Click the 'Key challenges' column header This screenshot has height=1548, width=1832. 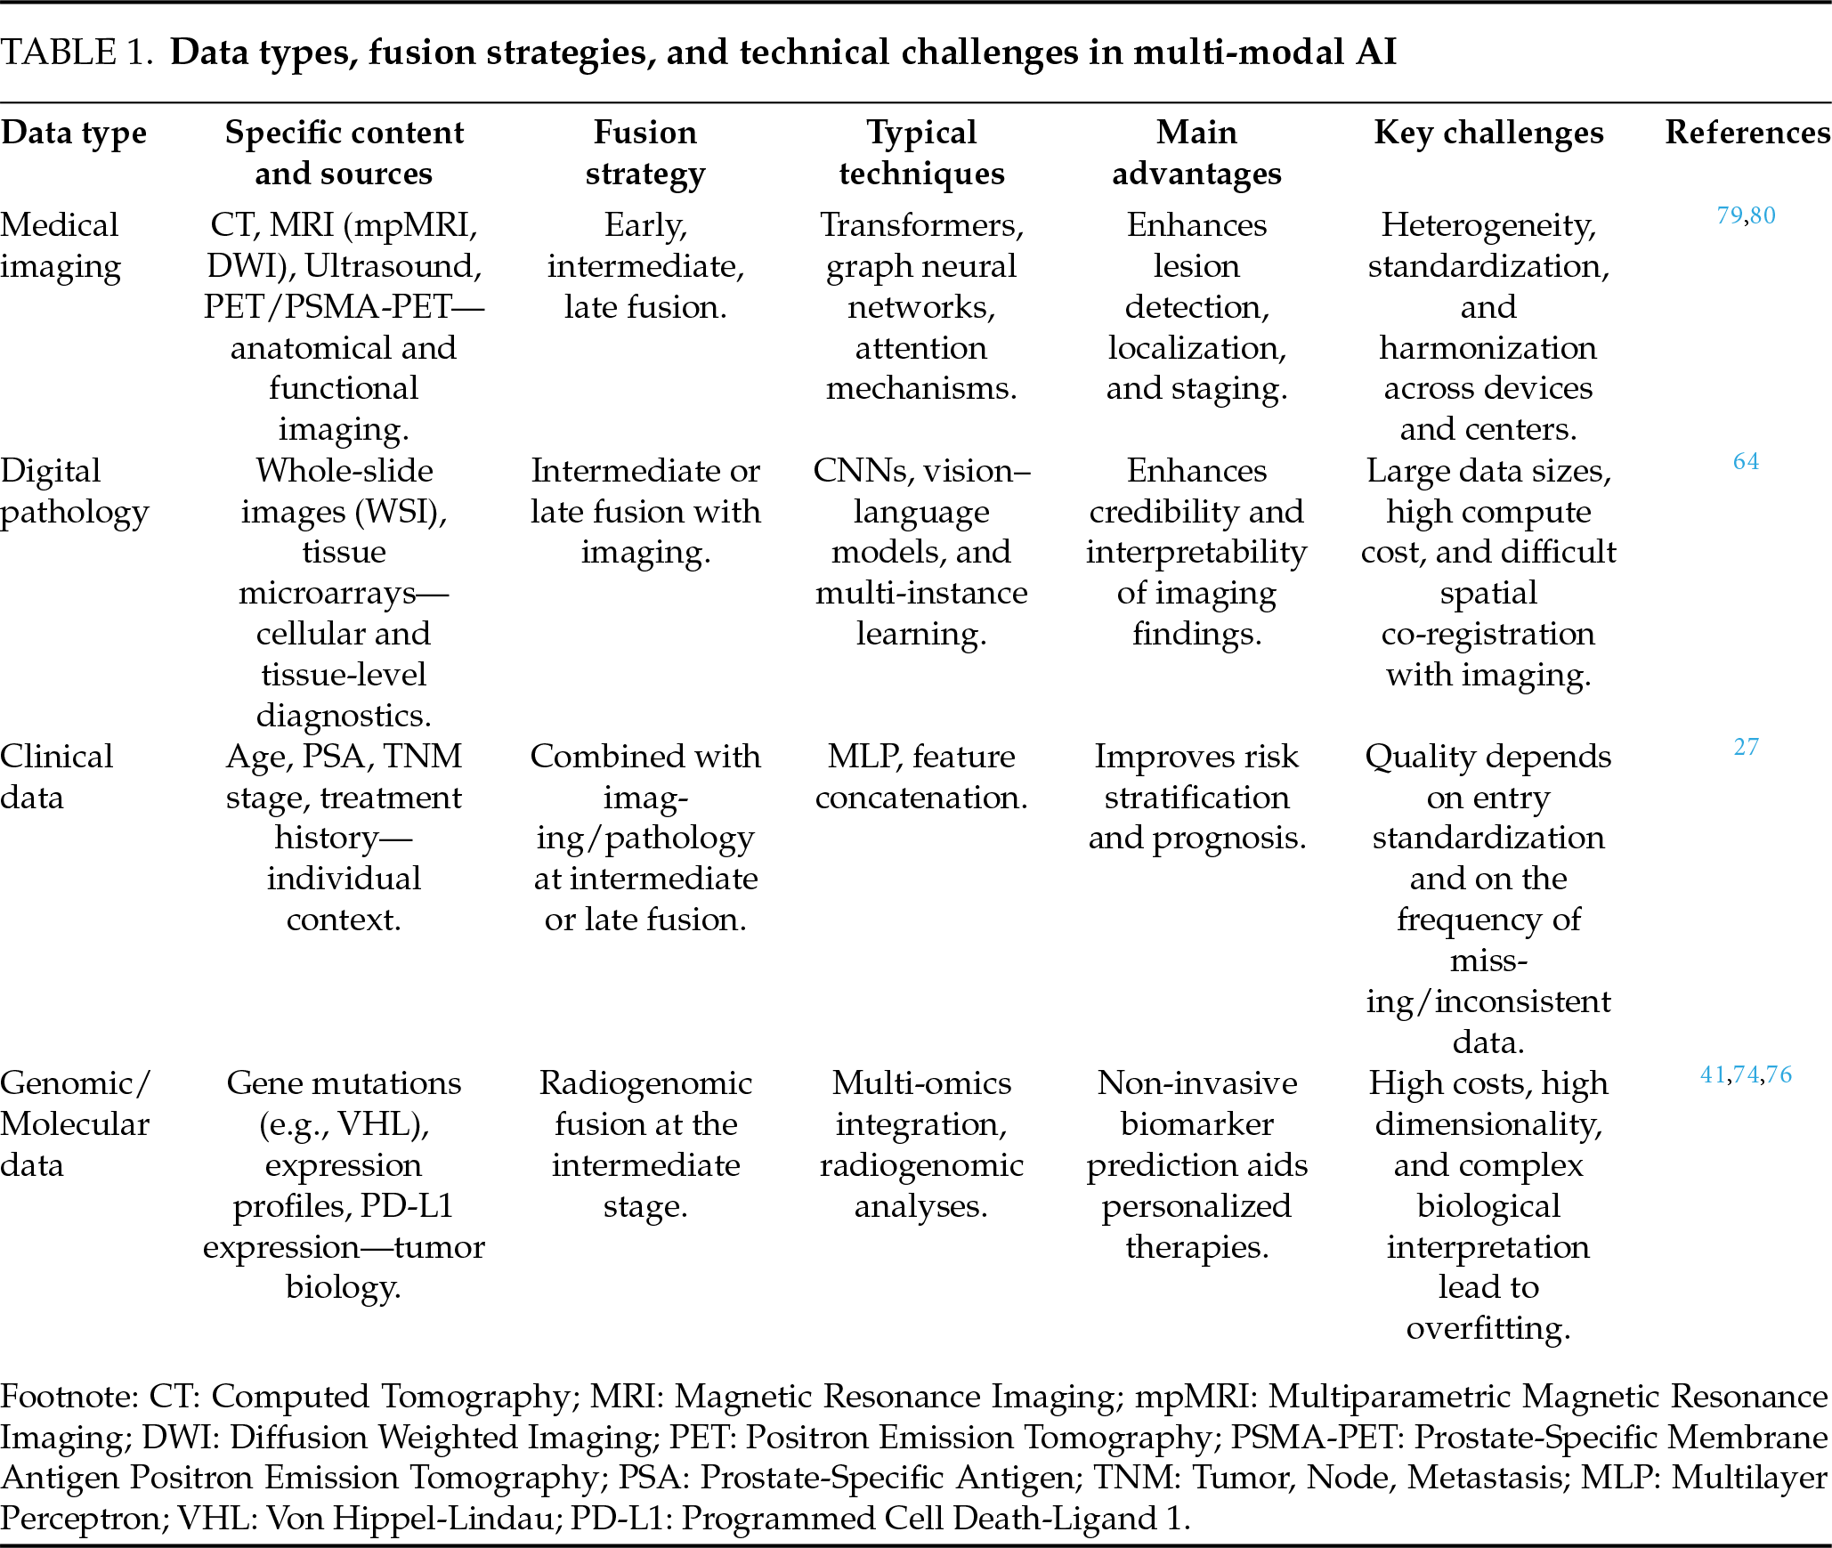click(1488, 133)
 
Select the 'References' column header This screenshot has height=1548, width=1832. click(1747, 133)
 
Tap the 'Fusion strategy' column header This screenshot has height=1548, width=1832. click(645, 152)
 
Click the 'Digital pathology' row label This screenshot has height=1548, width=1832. click(74, 490)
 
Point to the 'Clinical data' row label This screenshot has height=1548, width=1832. click(56, 776)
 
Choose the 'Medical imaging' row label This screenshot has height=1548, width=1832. click(60, 245)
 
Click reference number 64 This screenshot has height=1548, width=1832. click(1746, 461)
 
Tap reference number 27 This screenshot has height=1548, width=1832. click(1746, 747)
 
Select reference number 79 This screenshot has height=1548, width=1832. click(1730, 215)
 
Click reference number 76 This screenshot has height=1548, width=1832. click(1779, 1074)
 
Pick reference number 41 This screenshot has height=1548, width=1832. click(1713, 1074)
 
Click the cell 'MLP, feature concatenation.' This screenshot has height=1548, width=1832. click(921, 776)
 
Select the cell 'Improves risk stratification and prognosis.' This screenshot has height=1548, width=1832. click(1196, 797)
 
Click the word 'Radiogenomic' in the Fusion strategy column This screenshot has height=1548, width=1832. click(645, 1083)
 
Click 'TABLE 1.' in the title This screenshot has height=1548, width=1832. click(74, 53)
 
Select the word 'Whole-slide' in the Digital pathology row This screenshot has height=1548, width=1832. click(345, 470)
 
